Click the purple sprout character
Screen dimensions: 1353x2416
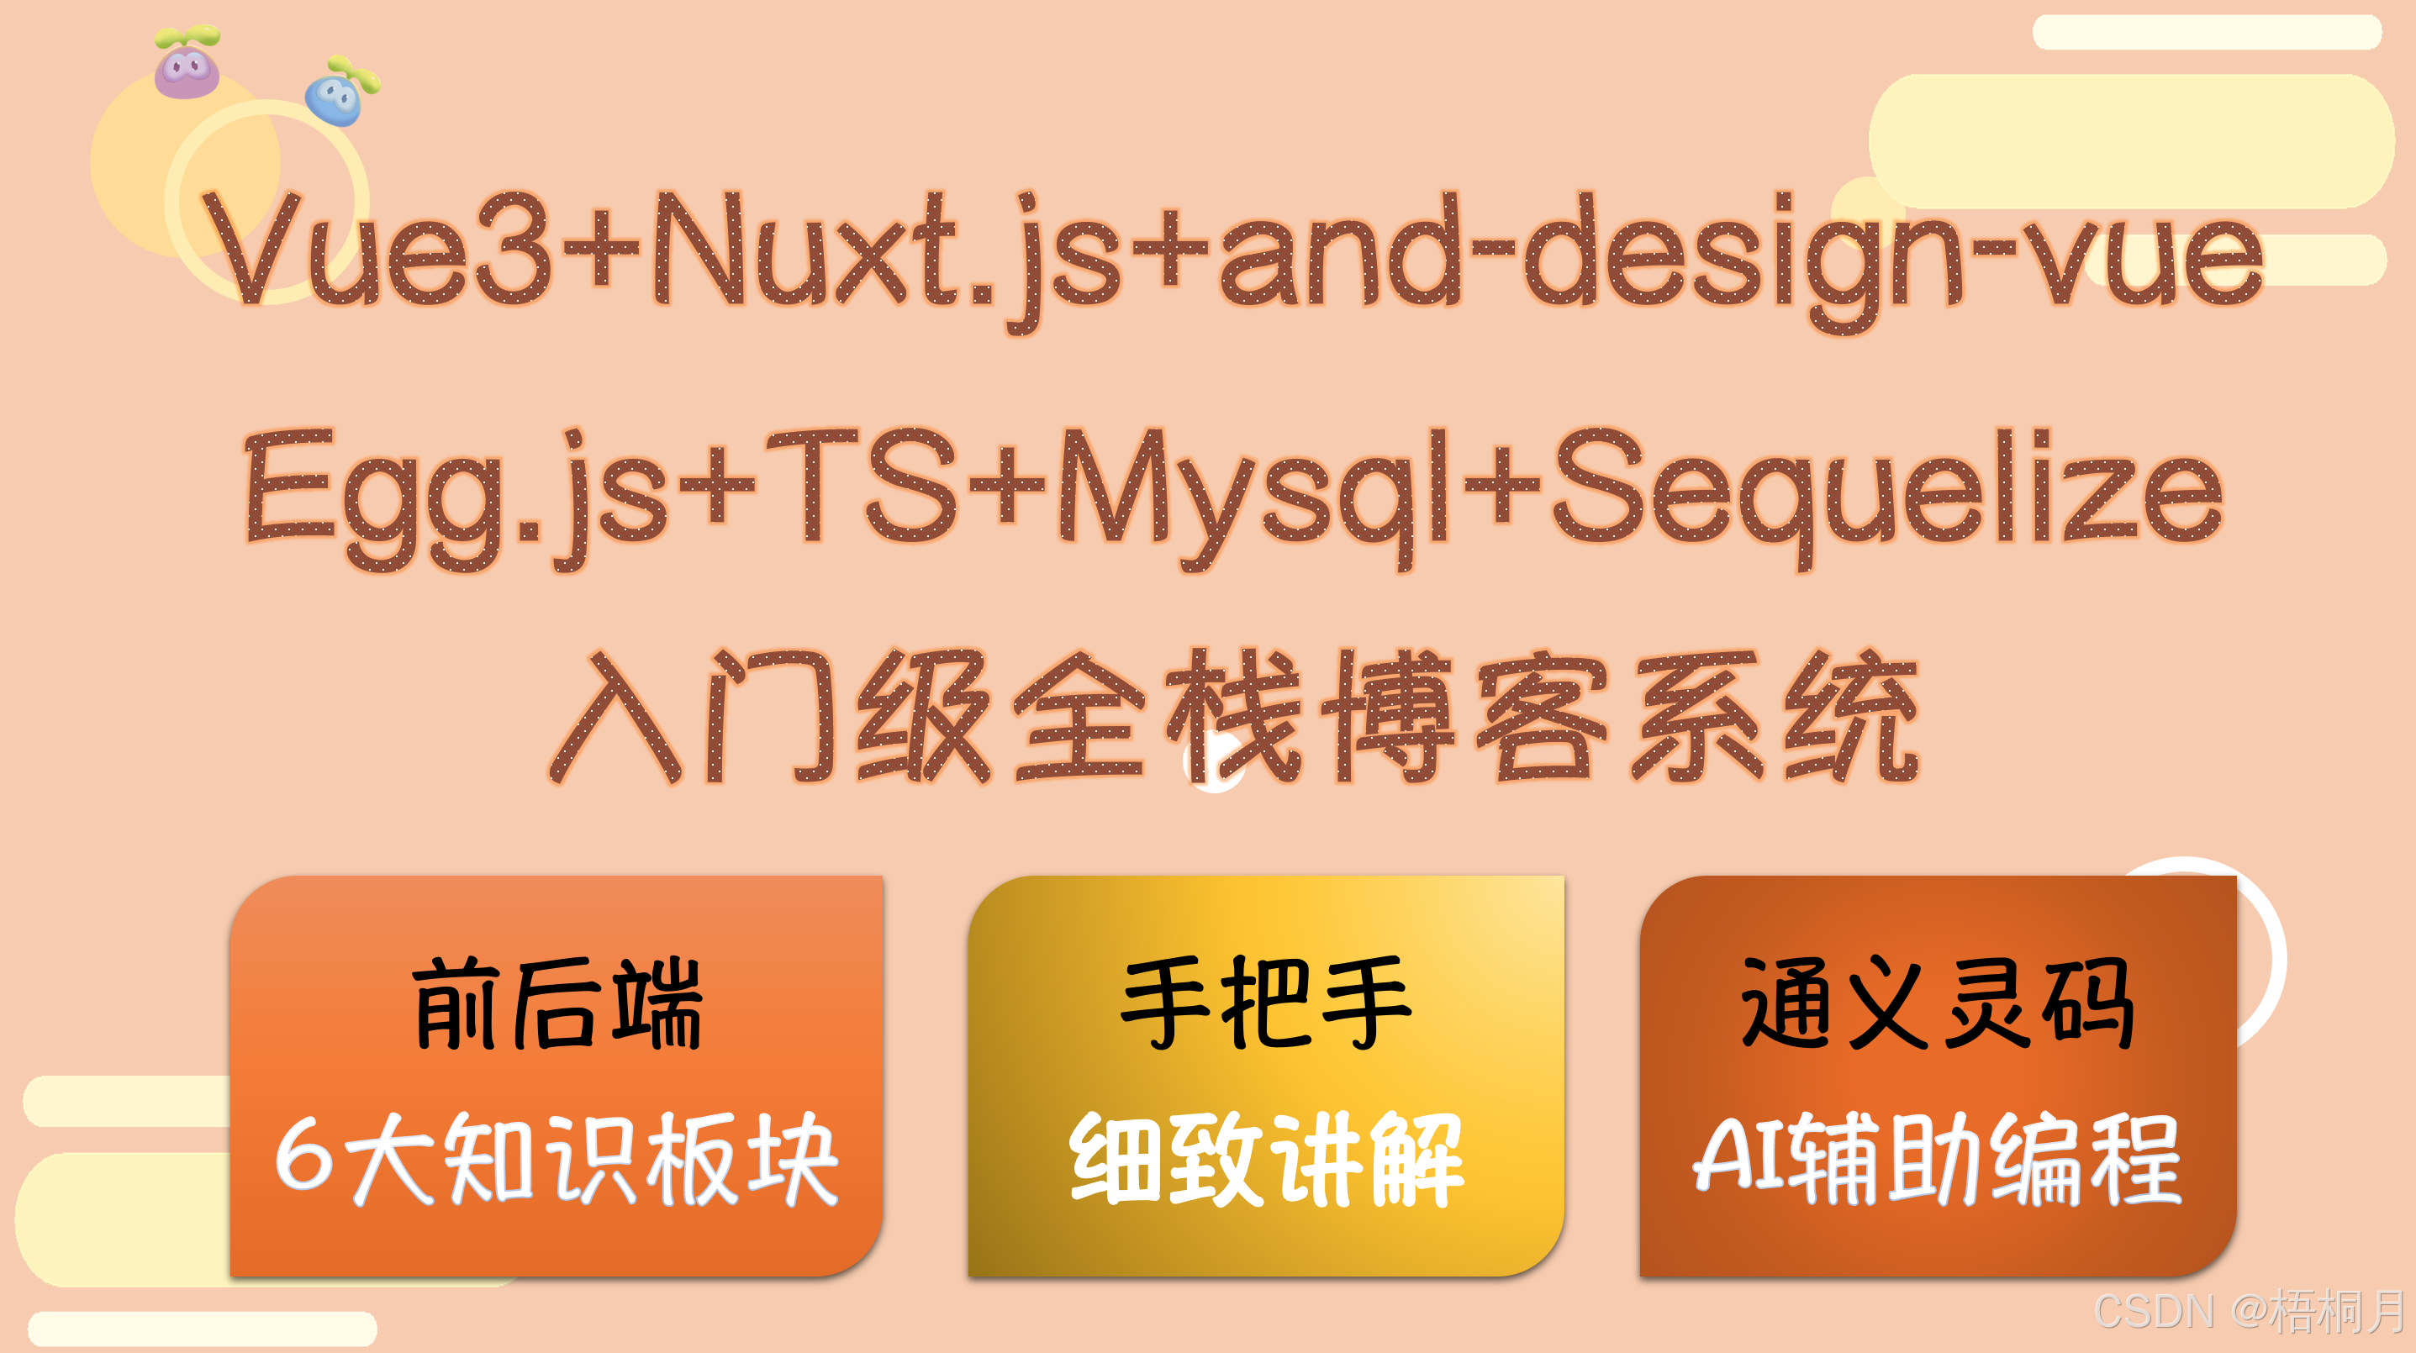click(187, 65)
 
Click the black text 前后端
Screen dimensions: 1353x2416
click(557, 1003)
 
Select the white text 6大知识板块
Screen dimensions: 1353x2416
click(557, 1159)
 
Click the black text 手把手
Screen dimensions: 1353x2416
click(1266, 1003)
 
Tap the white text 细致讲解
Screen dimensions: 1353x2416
click(1266, 1159)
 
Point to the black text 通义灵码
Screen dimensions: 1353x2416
click(1938, 1003)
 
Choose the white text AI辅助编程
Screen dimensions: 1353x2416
click(1938, 1159)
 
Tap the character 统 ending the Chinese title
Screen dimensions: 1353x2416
click(1851, 718)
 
